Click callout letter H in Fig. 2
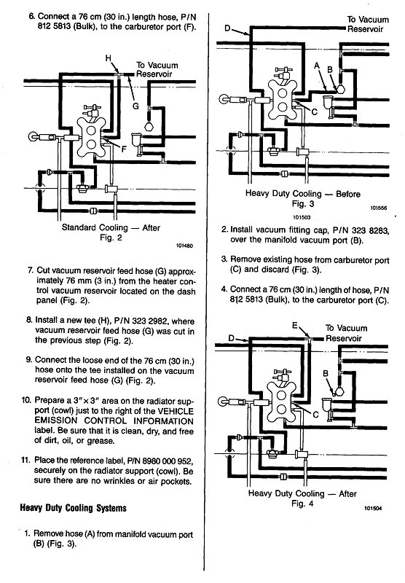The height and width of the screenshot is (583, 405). click(108, 58)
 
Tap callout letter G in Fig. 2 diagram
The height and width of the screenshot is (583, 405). click(136, 106)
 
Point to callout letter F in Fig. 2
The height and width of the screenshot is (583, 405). click(124, 149)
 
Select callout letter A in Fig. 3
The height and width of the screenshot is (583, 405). click(317, 66)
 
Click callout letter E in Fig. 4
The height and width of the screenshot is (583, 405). click(295, 326)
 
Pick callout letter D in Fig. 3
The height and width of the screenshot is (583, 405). click(227, 28)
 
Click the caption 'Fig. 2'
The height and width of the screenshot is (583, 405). click(111, 238)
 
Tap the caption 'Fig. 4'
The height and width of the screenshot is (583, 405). click(302, 504)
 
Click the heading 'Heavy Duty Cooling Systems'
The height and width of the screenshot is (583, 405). click(73, 508)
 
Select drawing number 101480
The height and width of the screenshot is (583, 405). click(185, 246)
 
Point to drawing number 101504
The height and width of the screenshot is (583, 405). click(373, 508)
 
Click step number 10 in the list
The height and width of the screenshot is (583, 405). click(26, 400)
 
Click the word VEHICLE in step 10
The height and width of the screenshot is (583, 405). click(176, 411)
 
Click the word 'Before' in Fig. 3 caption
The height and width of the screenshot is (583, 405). click(348, 194)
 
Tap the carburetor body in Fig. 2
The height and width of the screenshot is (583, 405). click(91, 137)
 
